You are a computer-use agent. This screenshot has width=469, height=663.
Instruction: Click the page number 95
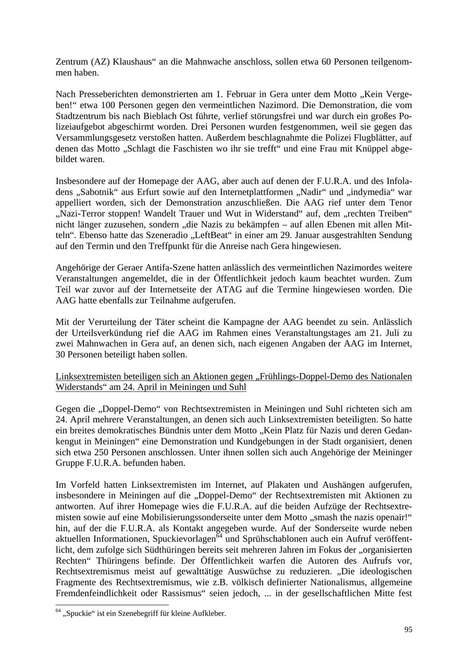coord(408,630)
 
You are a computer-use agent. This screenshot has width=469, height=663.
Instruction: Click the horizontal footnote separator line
coord(112,605)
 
